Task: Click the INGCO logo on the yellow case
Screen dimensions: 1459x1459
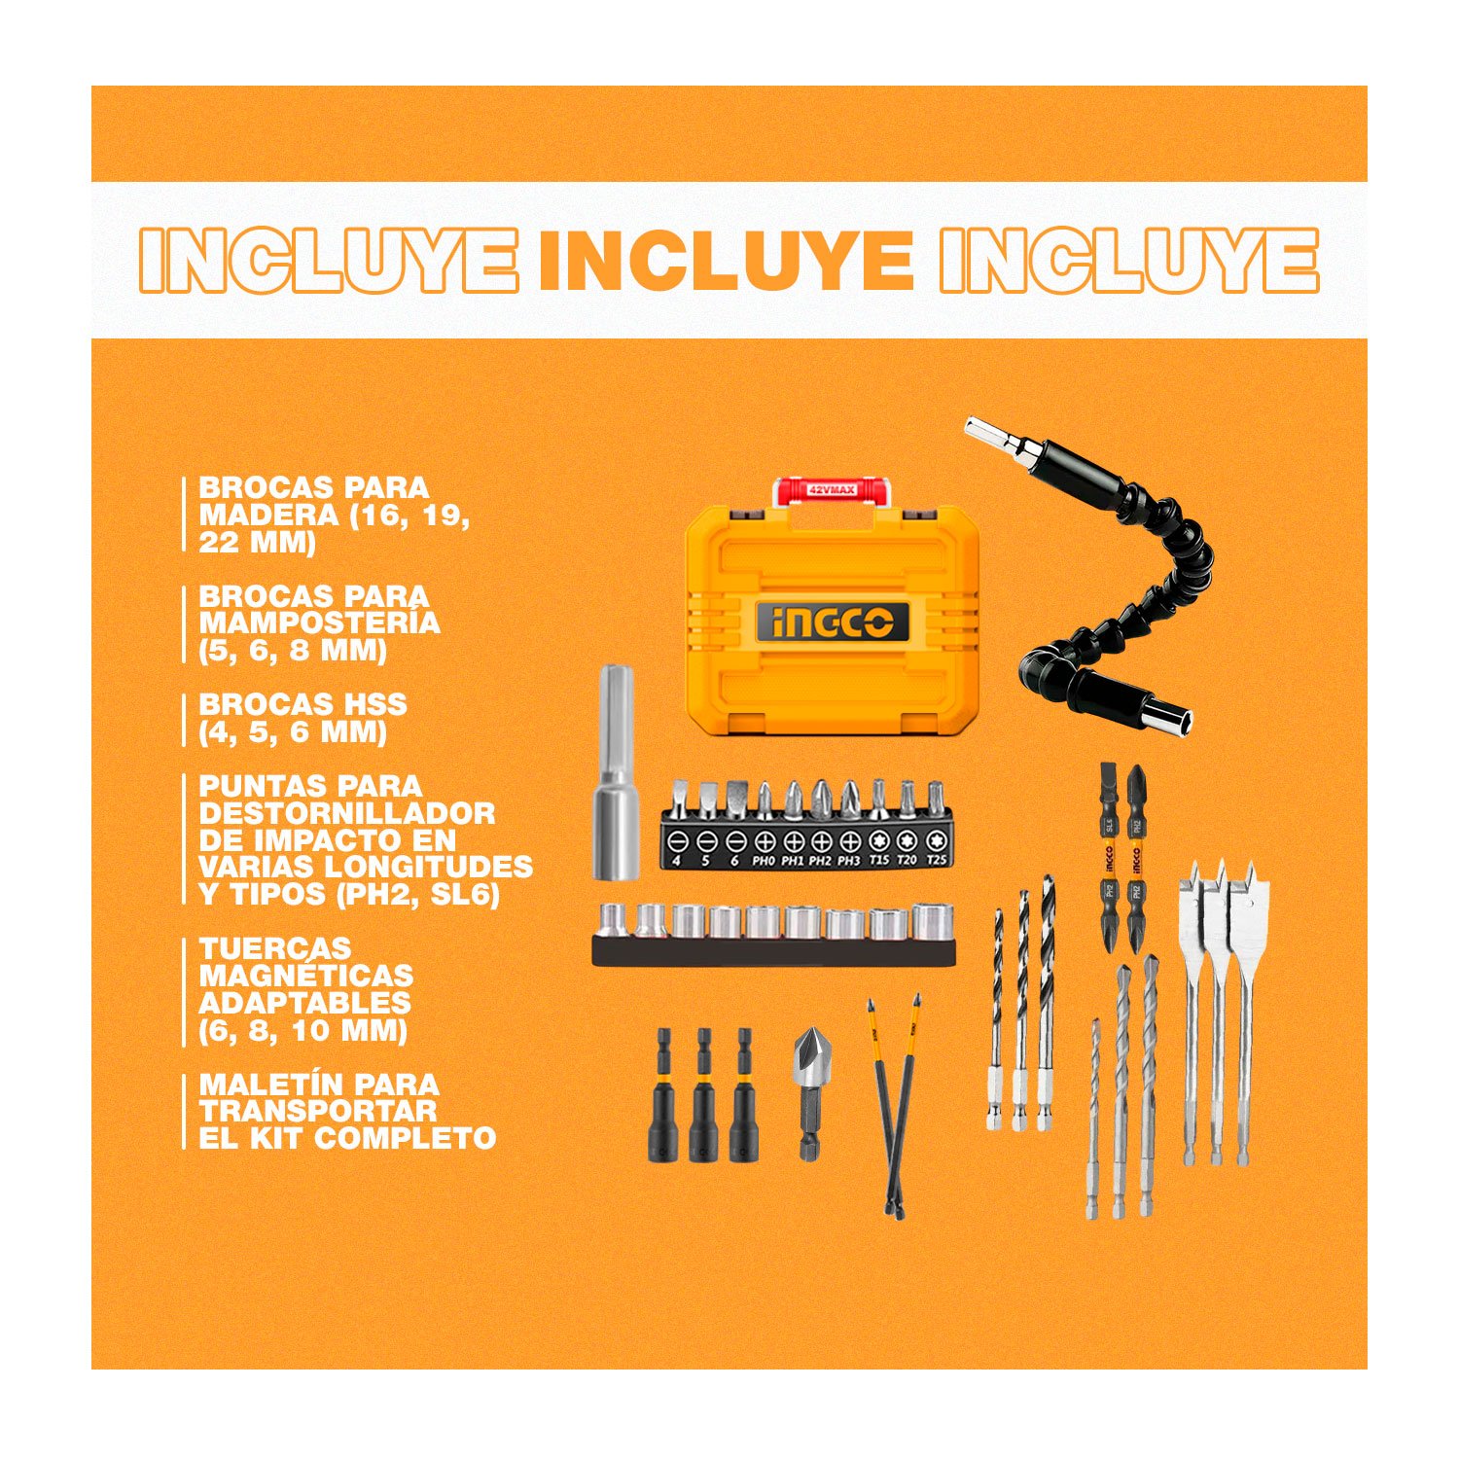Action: (x=833, y=622)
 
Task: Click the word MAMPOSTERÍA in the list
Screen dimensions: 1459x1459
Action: (x=319, y=623)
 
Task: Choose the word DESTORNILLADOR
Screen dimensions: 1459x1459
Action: (x=347, y=813)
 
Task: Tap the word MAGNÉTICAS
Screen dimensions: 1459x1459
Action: (x=306, y=975)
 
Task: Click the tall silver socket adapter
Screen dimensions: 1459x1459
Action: (x=617, y=773)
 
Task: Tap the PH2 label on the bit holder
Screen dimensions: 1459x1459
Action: (x=821, y=861)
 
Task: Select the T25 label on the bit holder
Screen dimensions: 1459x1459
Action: (x=937, y=860)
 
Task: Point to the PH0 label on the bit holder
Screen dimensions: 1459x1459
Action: (x=764, y=861)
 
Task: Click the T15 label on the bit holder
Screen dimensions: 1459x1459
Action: (x=879, y=860)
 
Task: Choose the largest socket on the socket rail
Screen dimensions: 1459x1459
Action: (x=932, y=921)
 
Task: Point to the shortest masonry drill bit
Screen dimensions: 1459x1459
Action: (x=1093, y=1119)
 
